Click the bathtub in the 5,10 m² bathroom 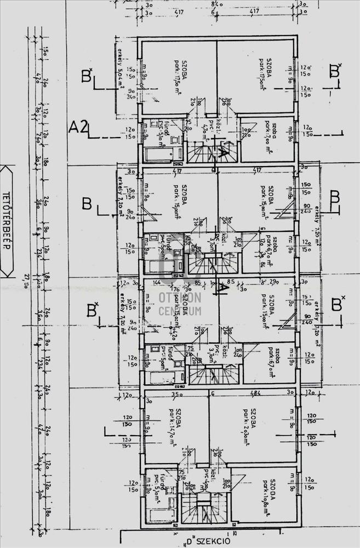click(162, 154)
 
